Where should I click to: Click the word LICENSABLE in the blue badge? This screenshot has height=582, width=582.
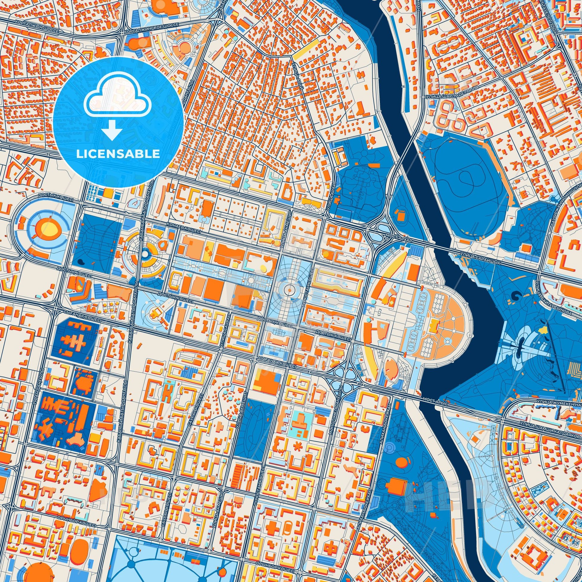118,154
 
